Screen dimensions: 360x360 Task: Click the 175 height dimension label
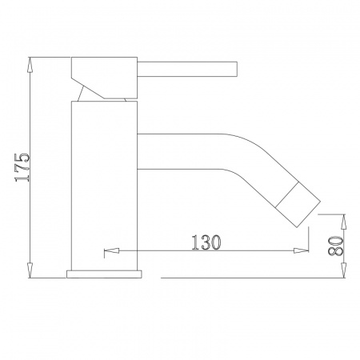pyautogui.click(x=22, y=167)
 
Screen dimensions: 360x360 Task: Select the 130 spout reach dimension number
pyautogui.click(x=206, y=242)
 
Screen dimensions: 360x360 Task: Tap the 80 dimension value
pyautogui.click(x=335, y=246)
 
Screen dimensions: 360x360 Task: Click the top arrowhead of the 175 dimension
pyautogui.click(x=30, y=65)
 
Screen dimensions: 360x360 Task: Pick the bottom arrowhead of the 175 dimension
pyautogui.click(x=30, y=270)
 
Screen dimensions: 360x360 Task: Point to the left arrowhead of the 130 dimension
pyautogui.click(x=111, y=250)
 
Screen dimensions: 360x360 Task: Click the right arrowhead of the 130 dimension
pyautogui.click(x=301, y=250)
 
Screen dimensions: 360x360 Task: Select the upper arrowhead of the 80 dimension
pyautogui.click(x=344, y=222)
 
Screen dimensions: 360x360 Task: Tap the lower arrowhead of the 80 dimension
pyautogui.click(x=344, y=270)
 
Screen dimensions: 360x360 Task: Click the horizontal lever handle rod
pyautogui.click(x=187, y=70)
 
